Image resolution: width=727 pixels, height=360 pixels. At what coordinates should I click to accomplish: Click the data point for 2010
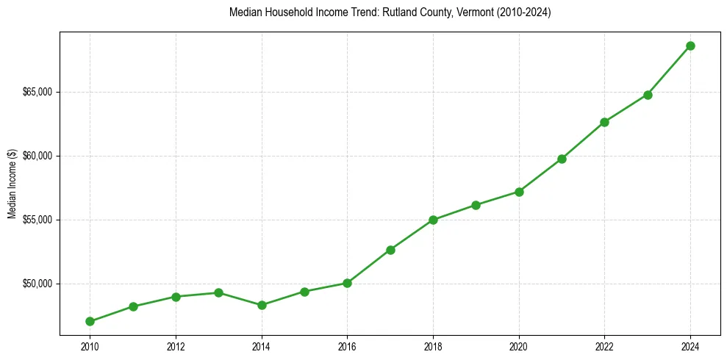[90, 321]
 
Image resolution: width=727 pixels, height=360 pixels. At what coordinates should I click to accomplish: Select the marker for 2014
[262, 305]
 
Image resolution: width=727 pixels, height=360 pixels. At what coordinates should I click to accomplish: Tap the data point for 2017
[390, 250]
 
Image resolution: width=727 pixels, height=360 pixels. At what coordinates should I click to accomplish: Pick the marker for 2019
[476, 205]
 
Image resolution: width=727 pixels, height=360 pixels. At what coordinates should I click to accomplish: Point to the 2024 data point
[691, 46]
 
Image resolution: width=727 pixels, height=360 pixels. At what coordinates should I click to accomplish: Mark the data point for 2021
[562, 159]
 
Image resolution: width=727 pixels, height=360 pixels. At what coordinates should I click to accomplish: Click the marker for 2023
[648, 95]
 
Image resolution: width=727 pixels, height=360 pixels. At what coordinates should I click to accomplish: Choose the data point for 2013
[218, 292]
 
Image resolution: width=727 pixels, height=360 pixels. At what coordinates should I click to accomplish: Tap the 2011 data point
[133, 306]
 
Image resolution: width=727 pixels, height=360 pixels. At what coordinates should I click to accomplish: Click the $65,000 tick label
[37, 92]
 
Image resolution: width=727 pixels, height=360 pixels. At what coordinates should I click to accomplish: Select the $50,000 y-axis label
[37, 284]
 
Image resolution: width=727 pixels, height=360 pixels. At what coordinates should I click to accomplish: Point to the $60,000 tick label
[37, 156]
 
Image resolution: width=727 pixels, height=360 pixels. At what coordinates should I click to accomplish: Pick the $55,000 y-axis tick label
[37, 220]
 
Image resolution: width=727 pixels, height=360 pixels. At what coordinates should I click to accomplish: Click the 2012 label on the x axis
[176, 346]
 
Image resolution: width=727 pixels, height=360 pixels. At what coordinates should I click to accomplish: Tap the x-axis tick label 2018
[433, 346]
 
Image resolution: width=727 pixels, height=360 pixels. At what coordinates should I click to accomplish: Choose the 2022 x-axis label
[605, 346]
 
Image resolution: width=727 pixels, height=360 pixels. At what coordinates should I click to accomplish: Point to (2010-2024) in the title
[524, 12]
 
